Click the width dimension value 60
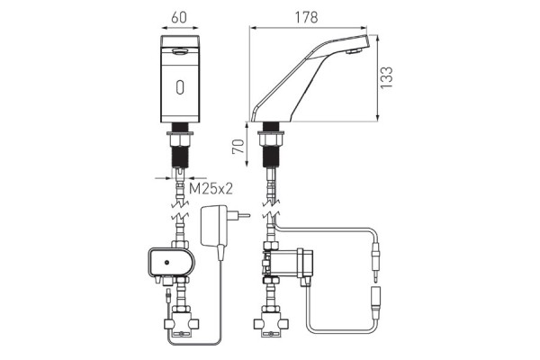[180, 15]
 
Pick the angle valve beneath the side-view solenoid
[270, 322]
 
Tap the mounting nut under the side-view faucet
[270, 138]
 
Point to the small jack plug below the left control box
[167, 295]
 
